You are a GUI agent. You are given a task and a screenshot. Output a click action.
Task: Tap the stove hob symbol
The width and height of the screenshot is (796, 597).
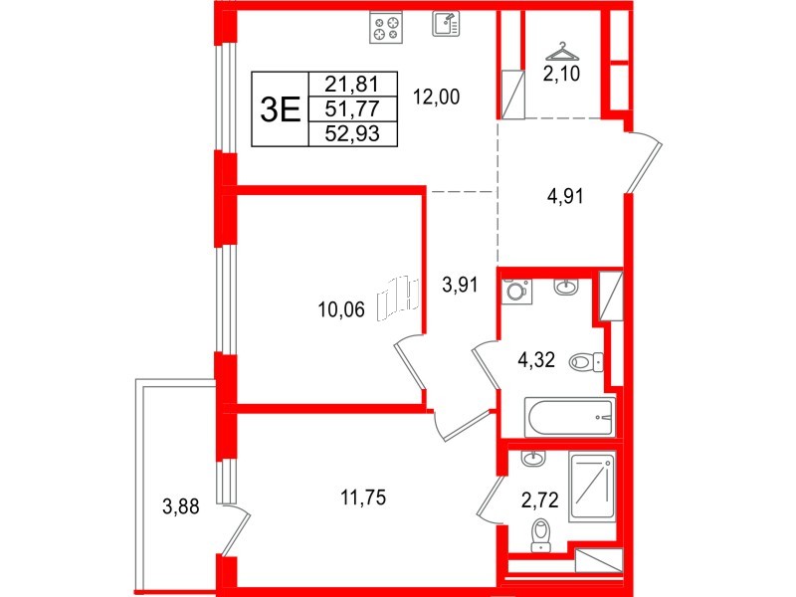(x=385, y=27)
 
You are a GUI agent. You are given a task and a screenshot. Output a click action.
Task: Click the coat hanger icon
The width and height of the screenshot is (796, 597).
(x=564, y=49)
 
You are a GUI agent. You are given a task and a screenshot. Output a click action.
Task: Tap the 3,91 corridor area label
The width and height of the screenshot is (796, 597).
(x=460, y=285)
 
